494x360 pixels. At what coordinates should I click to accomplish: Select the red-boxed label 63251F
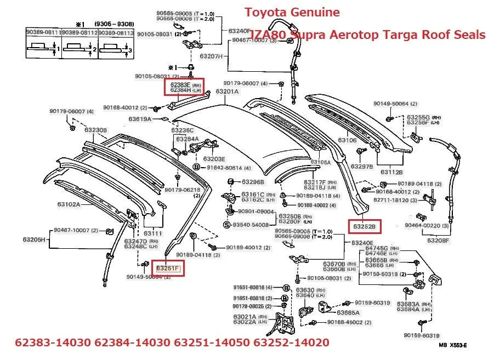pyautogui.click(x=168, y=268)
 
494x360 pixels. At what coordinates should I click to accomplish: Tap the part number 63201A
pyautogui.click(x=227, y=92)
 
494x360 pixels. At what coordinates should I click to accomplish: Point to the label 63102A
pyautogui.click(x=69, y=204)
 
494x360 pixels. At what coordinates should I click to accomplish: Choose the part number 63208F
pyautogui.click(x=438, y=240)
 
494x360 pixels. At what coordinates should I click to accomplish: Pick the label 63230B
pyautogui.click(x=95, y=130)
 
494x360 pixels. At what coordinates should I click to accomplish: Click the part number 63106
pyautogui.click(x=347, y=140)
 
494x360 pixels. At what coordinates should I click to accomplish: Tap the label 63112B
pyautogui.click(x=392, y=172)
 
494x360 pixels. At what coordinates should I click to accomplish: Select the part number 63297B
pyautogui.click(x=362, y=166)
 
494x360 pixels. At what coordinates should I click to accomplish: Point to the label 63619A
pyautogui.click(x=140, y=118)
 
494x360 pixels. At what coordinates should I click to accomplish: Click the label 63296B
pyautogui.click(x=253, y=182)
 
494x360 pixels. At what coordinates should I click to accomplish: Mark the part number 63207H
pyautogui.click(x=211, y=56)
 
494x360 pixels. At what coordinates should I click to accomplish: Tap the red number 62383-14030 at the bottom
pyautogui.click(x=52, y=343)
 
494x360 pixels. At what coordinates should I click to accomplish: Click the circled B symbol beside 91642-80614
pyautogui.click(x=196, y=167)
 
